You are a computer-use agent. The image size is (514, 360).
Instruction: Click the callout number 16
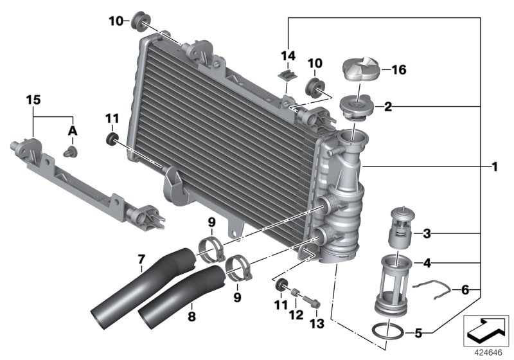tap(400, 70)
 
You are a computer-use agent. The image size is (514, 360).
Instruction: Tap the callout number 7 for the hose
tap(141, 260)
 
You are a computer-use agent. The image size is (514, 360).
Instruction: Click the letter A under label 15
tap(73, 130)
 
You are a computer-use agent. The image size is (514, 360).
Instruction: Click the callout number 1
tap(495, 168)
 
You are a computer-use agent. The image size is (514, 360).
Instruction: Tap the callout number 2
tap(387, 107)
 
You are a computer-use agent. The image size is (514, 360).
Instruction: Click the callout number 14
tap(287, 56)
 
